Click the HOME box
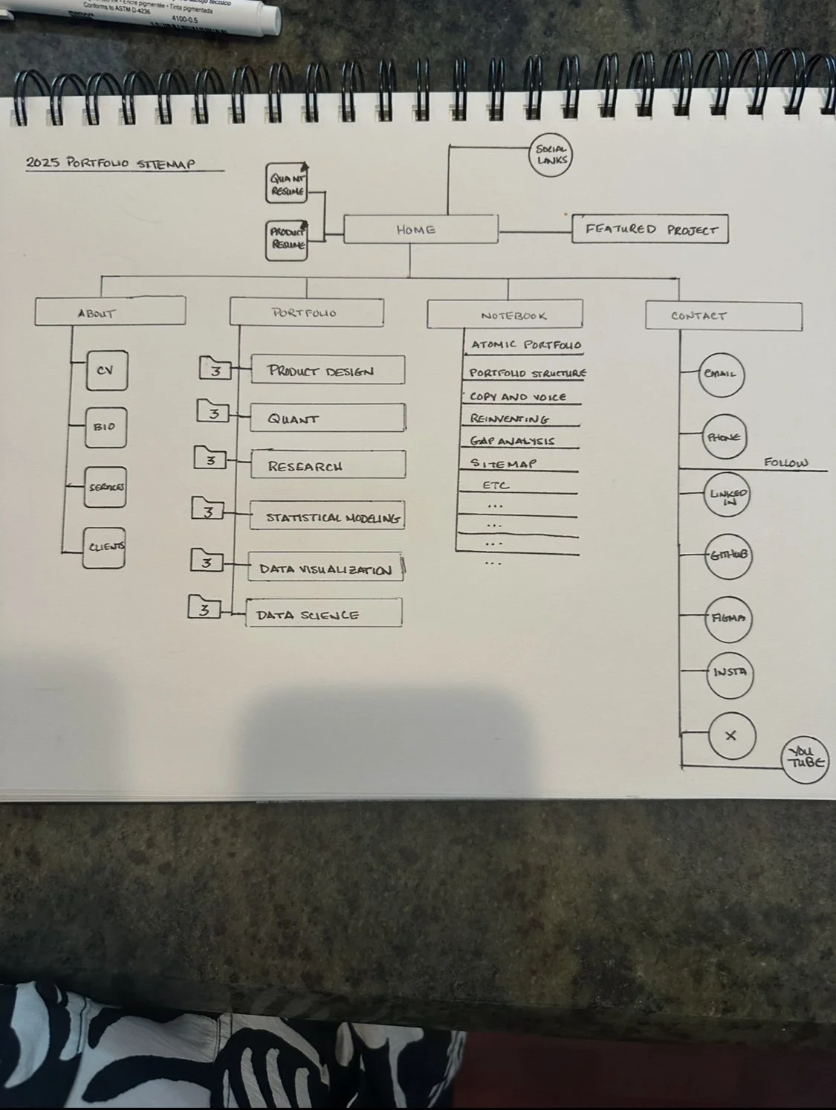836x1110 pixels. pyautogui.click(x=420, y=230)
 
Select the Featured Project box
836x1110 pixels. pyautogui.click(x=650, y=230)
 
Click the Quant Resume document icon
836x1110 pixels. pyautogui.click(x=287, y=184)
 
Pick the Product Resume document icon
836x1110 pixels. pyautogui.click(x=287, y=239)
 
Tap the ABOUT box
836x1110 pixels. pyautogui.click(x=110, y=312)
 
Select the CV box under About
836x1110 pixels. pyautogui.click(x=106, y=370)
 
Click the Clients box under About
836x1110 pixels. pyautogui.click(x=104, y=547)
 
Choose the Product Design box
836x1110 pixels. pyautogui.click(x=327, y=370)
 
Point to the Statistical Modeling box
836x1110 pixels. pyautogui.click(x=327, y=517)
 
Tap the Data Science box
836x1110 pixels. pyautogui.click(x=324, y=613)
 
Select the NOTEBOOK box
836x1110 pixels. pyautogui.click(x=505, y=315)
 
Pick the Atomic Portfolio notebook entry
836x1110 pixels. pyautogui.click(x=525, y=346)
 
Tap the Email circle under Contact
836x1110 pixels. pyautogui.click(x=720, y=374)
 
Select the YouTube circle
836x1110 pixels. pyautogui.click(x=806, y=761)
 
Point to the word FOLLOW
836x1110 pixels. pyautogui.click(x=785, y=463)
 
